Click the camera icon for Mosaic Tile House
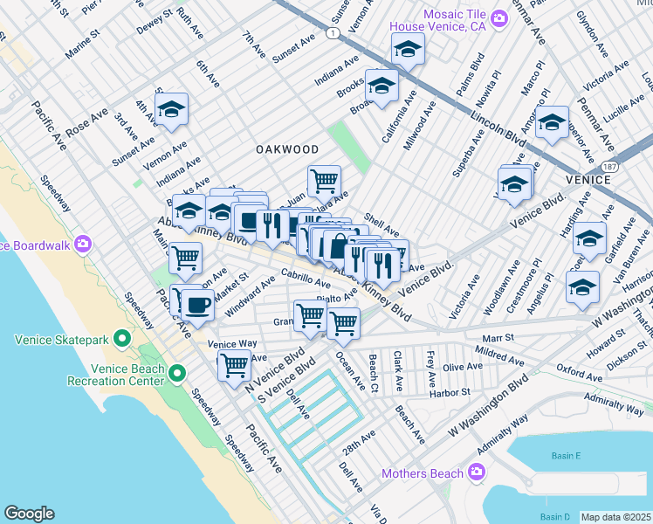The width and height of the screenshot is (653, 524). (x=498, y=17)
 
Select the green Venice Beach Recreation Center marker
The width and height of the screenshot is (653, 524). (x=177, y=374)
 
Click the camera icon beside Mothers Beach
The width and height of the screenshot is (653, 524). (x=476, y=472)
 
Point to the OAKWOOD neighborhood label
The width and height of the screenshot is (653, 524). (x=287, y=150)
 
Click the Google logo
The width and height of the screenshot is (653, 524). (x=29, y=514)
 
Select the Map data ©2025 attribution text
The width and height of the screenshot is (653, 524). (x=615, y=517)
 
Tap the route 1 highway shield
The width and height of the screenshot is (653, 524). (x=332, y=33)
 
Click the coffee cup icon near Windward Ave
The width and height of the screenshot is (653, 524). (x=197, y=306)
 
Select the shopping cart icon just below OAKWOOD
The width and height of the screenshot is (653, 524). (x=324, y=181)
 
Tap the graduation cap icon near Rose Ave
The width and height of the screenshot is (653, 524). (x=172, y=110)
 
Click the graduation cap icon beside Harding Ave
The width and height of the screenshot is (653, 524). (x=589, y=238)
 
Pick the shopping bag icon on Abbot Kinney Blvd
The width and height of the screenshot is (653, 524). (x=338, y=247)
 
